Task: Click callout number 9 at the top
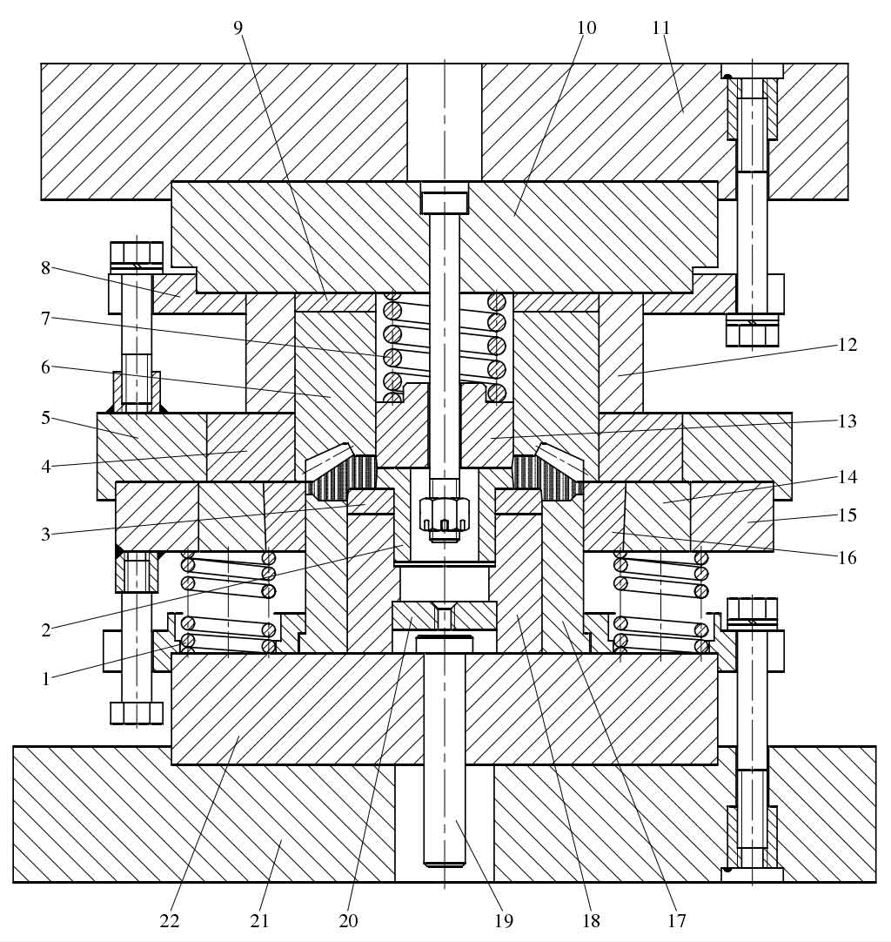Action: point(238,28)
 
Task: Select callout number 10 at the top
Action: point(586,28)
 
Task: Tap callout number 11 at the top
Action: point(661,28)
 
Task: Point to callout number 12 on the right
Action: point(847,345)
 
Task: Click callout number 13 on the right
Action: point(847,421)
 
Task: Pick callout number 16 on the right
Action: point(847,557)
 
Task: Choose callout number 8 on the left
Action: point(46,268)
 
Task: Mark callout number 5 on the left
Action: point(46,418)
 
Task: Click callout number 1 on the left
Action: point(46,679)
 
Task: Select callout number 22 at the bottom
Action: point(170,920)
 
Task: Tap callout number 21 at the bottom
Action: point(259,920)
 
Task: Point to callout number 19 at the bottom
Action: point(504,920)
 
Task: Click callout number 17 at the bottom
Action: point(677,920)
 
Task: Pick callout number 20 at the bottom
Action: point(348,920)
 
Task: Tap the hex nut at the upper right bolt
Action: point(752,332)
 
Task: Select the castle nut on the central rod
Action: point(445,514)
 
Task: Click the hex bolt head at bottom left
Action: point(137,713)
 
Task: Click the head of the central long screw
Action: point(445,202)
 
